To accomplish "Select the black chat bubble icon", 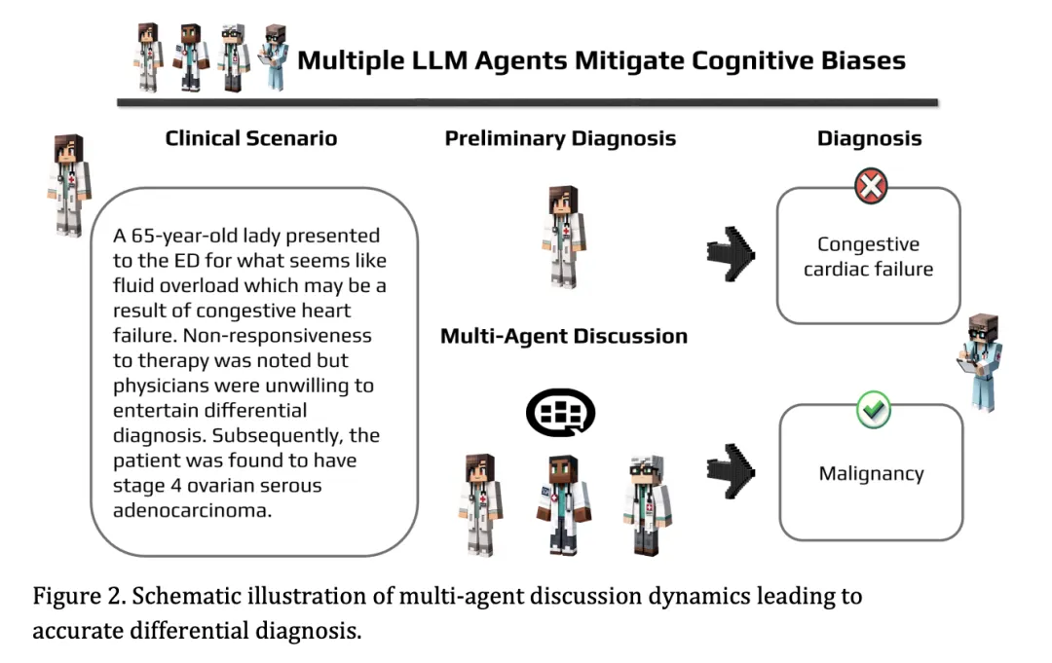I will click(560, 413).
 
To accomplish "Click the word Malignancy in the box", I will click(871, 474).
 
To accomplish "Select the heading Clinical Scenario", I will click(251, 138).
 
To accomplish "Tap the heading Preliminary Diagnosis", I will click(560, 138).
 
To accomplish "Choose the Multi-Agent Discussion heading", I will click(564, 337).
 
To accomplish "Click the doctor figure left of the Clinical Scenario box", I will click(68, 185).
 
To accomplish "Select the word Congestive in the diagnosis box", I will click(868, 244).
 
